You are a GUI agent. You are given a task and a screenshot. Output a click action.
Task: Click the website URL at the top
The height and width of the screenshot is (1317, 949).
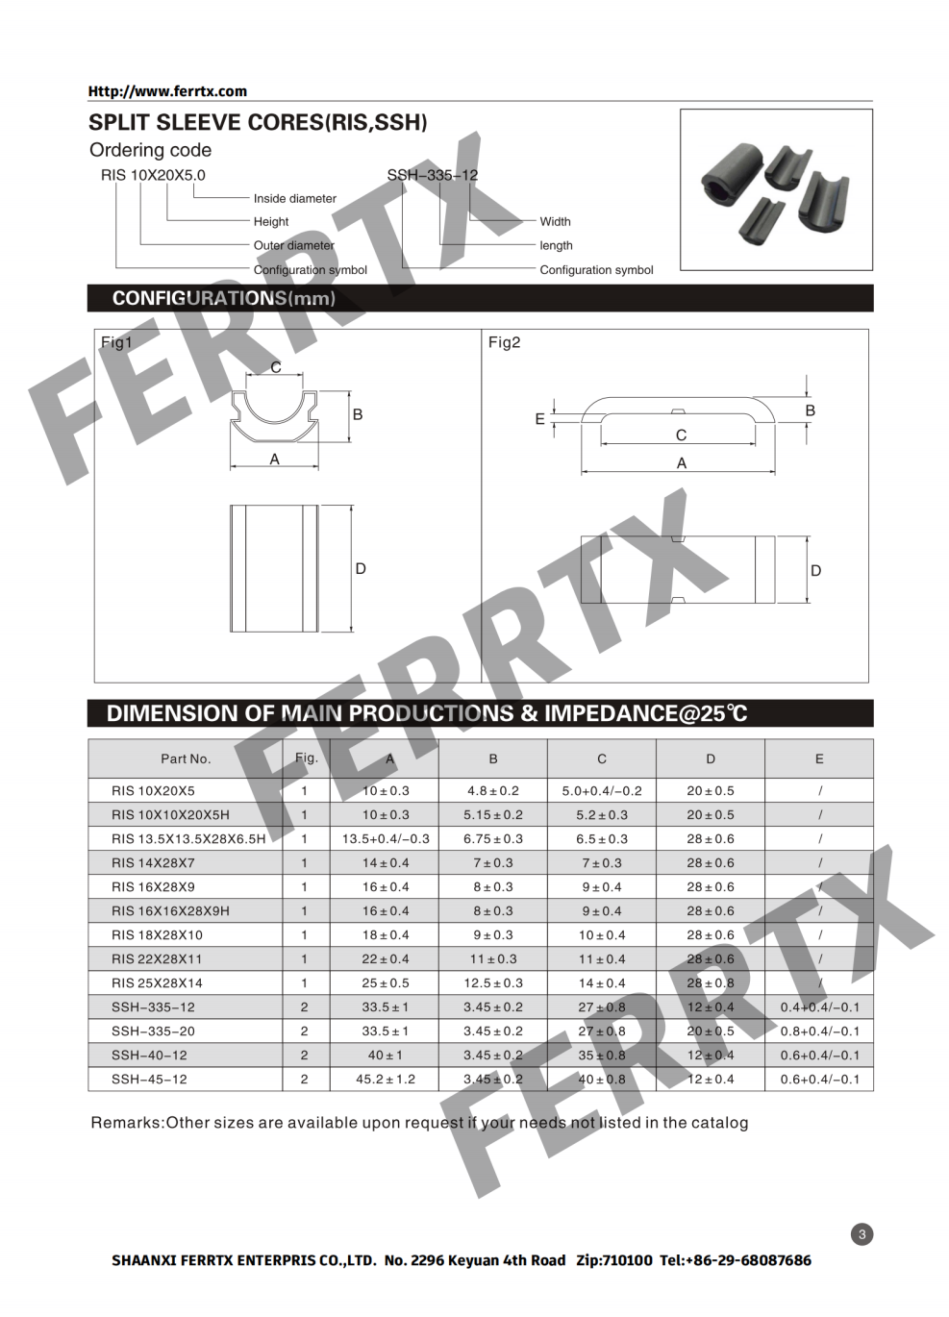167,91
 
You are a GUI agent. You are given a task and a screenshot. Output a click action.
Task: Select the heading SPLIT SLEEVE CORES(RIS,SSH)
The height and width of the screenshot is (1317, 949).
258,123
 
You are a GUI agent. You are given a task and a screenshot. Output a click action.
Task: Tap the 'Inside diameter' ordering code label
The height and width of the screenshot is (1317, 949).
294,199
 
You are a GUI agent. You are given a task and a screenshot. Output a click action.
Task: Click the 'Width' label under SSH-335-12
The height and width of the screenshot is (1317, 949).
555,222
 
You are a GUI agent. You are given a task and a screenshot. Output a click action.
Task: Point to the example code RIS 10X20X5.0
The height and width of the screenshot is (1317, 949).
153,175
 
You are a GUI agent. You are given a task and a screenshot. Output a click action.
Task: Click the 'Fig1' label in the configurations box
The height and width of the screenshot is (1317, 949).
116,342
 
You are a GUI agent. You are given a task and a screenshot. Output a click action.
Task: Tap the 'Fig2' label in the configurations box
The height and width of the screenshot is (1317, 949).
504,342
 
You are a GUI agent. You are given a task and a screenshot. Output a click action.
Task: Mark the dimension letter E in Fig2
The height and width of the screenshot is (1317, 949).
539,419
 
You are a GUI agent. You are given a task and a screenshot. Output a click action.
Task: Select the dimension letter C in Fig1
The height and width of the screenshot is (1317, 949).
276,367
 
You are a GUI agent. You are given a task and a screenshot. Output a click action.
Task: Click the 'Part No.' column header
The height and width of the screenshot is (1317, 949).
186,758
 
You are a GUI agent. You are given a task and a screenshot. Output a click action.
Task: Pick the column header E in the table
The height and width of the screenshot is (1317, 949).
819,758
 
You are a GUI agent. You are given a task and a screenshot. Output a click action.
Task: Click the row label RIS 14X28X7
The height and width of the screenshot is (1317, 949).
153,863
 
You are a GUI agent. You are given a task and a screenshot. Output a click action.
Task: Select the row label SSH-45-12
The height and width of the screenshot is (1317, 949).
149,1080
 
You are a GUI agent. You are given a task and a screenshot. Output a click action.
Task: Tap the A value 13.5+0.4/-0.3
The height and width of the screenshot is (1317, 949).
386,839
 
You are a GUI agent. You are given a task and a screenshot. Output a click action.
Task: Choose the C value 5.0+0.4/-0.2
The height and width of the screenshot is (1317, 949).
602,791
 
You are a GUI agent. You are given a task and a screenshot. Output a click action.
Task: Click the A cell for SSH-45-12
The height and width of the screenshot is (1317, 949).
386,1080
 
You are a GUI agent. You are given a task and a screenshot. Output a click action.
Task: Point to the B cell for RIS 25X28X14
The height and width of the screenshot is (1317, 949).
493,983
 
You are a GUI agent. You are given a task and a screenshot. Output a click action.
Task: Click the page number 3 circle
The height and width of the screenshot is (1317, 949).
862,1234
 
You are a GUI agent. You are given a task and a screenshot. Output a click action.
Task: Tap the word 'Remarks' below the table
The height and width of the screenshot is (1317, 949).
126,1123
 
